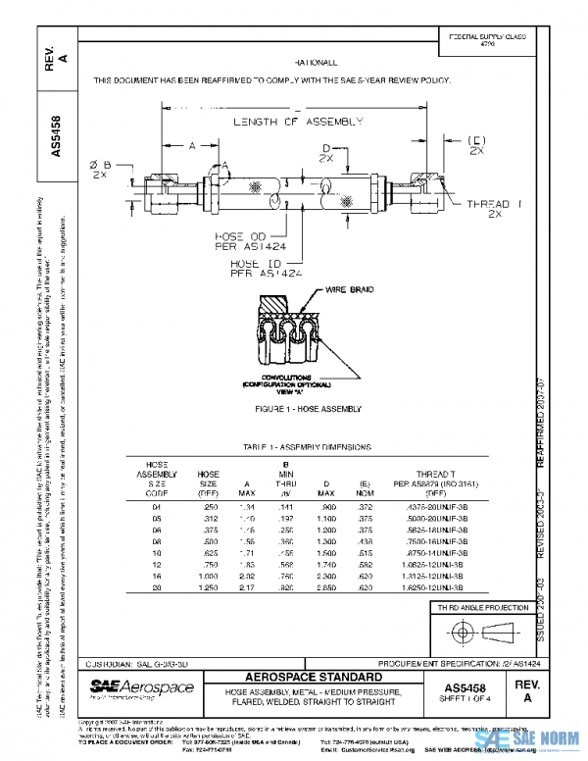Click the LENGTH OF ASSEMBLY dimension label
[x=298, y=123]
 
